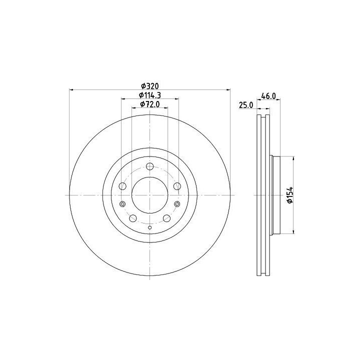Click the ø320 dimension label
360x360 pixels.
pos(149,86)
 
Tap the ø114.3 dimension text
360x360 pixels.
pos(149,95)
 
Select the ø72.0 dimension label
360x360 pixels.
pos(149,104)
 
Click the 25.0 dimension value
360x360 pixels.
pos(246,105)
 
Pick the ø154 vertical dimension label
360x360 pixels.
pos(290,195)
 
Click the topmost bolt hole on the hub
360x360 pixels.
pos(149,166)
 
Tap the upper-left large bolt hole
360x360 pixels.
pos(122,186)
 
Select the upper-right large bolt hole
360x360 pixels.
pos(177,186)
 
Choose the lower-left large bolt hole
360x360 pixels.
pos(133,218)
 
